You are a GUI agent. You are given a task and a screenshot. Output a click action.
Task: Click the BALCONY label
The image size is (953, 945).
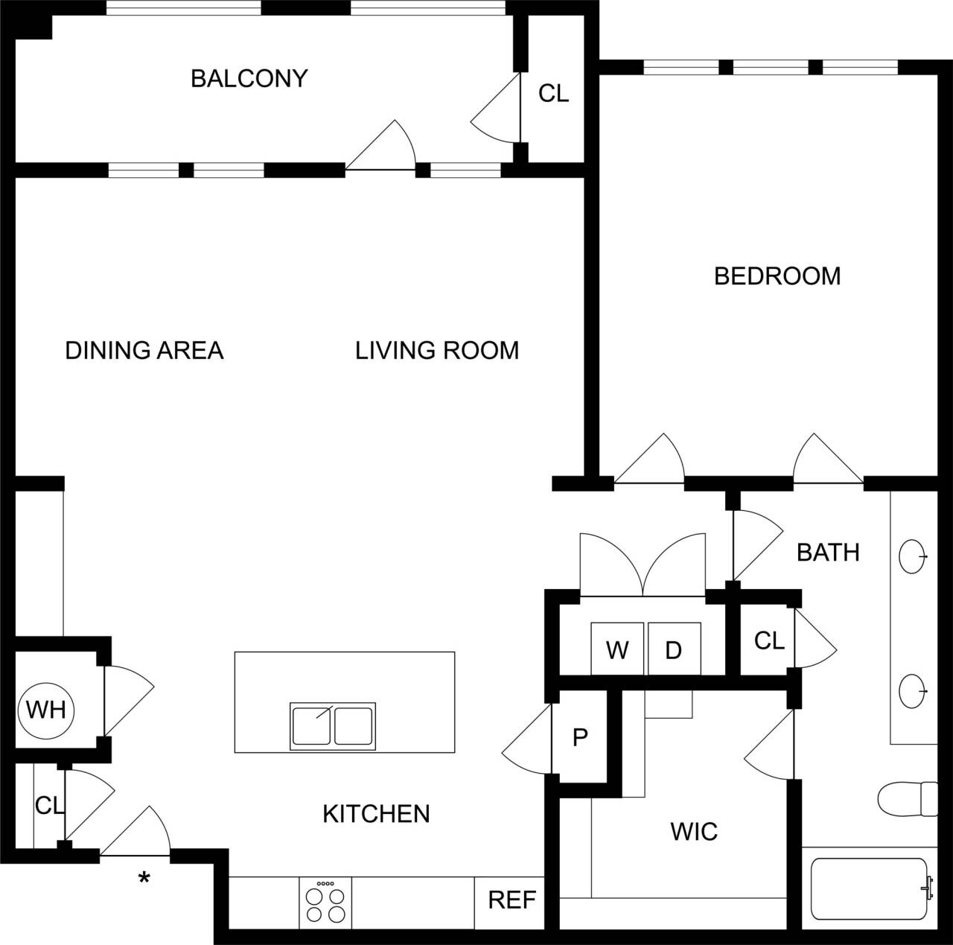(249, 78)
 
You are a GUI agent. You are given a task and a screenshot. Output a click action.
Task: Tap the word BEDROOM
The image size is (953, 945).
(777, 276)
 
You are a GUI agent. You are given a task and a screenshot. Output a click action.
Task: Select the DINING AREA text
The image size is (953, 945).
(144, 350)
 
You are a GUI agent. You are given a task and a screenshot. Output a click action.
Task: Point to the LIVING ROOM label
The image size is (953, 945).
(437, 350)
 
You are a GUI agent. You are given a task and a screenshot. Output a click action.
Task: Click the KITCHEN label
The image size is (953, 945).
(376, 814)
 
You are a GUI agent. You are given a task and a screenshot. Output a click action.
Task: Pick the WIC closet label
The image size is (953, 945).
(694, 831)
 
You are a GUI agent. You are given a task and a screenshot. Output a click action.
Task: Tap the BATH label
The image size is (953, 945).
(828, 553)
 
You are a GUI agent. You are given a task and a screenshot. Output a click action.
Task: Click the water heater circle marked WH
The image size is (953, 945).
(46, 710)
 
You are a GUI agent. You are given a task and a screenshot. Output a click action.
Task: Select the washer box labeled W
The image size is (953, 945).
(617, 649)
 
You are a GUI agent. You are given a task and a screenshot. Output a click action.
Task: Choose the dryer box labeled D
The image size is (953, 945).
(674, 649)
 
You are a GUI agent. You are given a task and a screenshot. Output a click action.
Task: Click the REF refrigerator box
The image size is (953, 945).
(511, 901)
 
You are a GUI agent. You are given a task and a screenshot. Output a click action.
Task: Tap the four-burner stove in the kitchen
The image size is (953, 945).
(325, 903)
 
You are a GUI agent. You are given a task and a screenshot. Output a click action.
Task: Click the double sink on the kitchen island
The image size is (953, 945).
(333, 726)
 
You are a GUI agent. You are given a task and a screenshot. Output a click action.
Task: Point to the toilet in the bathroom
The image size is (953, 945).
(908, 799)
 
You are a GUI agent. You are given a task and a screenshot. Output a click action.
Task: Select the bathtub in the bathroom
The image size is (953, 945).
(869, 889)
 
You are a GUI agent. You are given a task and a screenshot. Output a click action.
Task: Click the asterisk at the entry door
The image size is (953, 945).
(144, 879)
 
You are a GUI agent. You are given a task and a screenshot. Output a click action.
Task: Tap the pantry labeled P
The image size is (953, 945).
(580, 737)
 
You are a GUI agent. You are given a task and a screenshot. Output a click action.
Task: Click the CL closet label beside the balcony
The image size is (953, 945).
(553, 94)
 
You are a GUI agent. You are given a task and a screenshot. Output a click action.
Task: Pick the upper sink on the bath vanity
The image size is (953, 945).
(913, 556)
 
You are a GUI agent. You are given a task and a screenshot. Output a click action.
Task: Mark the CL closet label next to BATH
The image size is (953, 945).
(769, 640)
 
